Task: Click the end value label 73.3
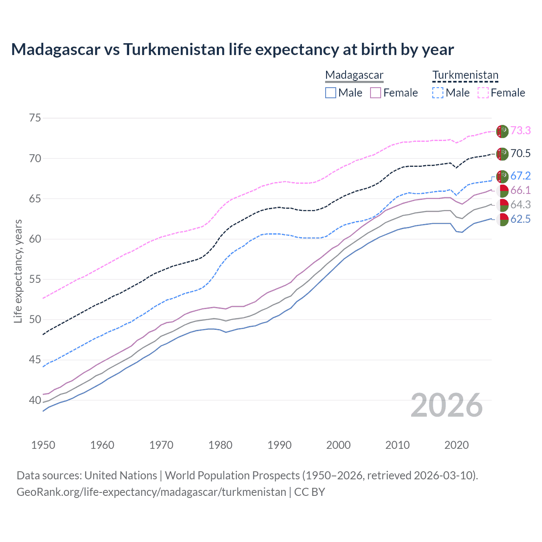520,130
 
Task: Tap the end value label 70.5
520,153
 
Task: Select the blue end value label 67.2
520,176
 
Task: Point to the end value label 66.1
520,190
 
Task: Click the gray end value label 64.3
520,205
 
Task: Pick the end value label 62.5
520,219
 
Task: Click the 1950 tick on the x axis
43,445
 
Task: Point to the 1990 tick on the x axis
279,445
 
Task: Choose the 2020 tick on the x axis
456,445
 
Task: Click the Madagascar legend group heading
354,75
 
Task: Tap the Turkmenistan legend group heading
465,75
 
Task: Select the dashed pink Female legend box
483,93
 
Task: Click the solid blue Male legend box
331,93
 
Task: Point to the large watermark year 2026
447,406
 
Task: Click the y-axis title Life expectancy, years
18,271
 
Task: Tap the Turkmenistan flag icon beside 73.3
502,131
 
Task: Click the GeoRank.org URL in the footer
151,492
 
